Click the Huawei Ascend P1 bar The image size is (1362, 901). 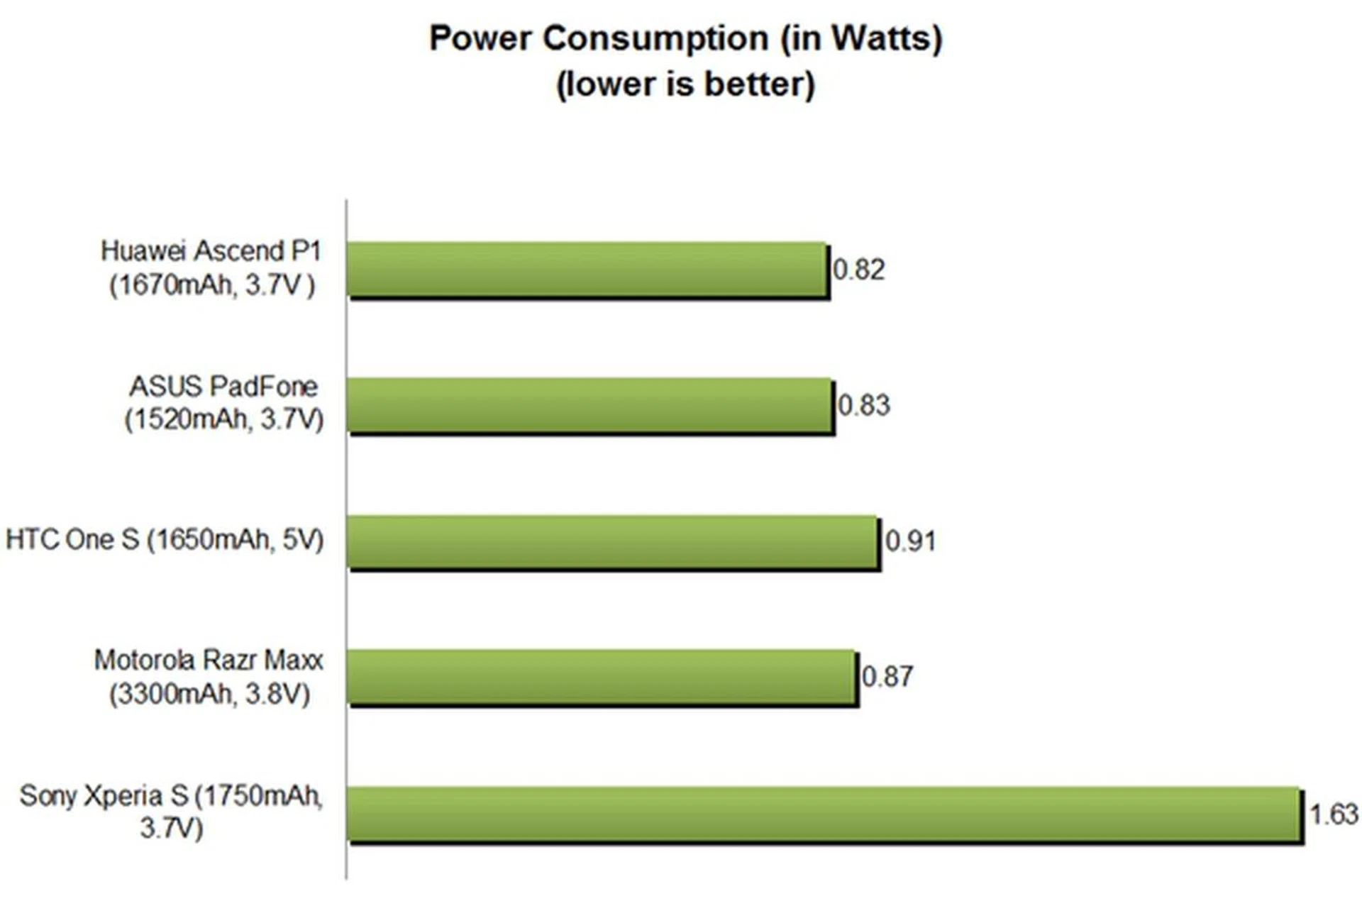click(587, 270)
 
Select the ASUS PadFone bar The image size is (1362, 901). click(589, 405)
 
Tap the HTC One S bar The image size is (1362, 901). click(613, 541)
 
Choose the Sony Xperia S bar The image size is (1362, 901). click(824, 814)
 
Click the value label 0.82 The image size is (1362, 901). click(859, 270)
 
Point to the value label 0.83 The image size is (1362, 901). click(864, 406)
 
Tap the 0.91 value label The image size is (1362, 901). click(911, 541)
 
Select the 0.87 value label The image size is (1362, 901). click(887, 677)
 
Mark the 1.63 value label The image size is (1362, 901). click(1334, 814)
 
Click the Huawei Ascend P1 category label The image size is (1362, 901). click(211, 267)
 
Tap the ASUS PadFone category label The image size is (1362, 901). click(223, 403)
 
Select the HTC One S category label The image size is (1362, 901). click(165, 540)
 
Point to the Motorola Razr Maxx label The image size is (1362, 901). click(209, 677)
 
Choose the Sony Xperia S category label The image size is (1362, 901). click(171, 812)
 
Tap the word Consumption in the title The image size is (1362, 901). click(656, 38)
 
